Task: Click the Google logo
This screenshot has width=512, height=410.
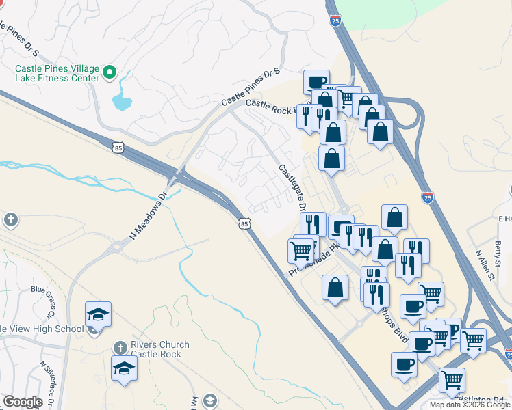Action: (x=23, y=402)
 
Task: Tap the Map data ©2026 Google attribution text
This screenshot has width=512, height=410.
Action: (x=470, y=405)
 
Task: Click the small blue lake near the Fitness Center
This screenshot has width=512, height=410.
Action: (x=122, y=102)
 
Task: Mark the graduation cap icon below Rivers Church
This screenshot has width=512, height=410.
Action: (x=124, y=368)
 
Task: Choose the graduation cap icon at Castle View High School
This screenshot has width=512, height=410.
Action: (x=98, y=314)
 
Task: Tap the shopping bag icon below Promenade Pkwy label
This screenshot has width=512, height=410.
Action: (x=335, y=286)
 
